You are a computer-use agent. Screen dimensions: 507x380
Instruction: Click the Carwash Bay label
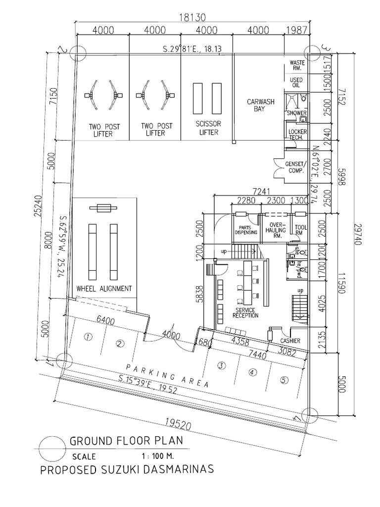[x=257, y=105]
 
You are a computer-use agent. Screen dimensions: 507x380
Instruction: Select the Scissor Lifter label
[x=206, y=129]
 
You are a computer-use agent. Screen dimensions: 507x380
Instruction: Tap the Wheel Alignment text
[x=104, y=289]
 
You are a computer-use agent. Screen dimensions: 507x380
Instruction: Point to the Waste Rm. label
[x=297, y=66]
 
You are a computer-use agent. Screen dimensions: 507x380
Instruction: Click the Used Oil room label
[x=296, y=83]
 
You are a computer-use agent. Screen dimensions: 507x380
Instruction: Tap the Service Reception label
[x=244, y=312]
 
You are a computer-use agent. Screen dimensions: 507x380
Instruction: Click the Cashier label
[x=290, y=341]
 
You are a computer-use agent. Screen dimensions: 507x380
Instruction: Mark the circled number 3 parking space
[x=221, y=366]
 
